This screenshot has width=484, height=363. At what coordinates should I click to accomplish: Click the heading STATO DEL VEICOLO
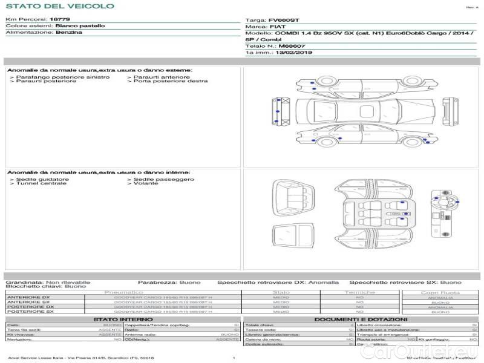59,6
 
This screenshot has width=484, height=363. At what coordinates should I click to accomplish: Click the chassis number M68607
292,46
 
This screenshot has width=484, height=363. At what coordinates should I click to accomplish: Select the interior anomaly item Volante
145,183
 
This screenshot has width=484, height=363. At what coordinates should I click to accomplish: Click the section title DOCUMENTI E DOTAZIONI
361,319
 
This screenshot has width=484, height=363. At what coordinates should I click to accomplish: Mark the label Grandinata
24,282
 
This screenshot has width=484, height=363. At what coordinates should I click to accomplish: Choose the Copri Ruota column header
440,292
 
